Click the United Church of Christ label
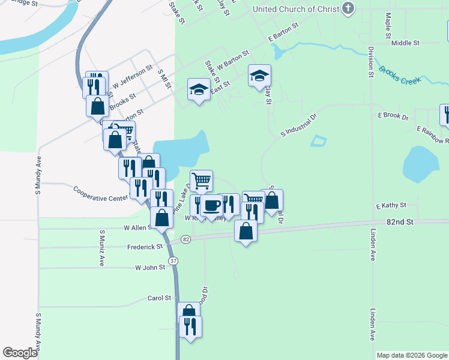[x=295, y=9]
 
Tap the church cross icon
[x=348, y=8]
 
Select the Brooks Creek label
[x=399, y=74]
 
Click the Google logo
[x=20, y=352]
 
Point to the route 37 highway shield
[x=173, y=261]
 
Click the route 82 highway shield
[x=185, y=239]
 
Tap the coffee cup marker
[x=211, y=206]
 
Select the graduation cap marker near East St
[x=199, y=90]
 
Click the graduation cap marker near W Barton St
[x=259, y=76]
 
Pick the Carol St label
[x=160, y=298]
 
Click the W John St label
[x=150, y=268]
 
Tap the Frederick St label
[x=145, y=247]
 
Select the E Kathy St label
[x=391, y=206]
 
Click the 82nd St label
[x=400, y=221]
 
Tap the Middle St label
[x=405, y=43]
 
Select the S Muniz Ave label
[x=102, y=247]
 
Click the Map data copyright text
[x=411, y=355]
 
